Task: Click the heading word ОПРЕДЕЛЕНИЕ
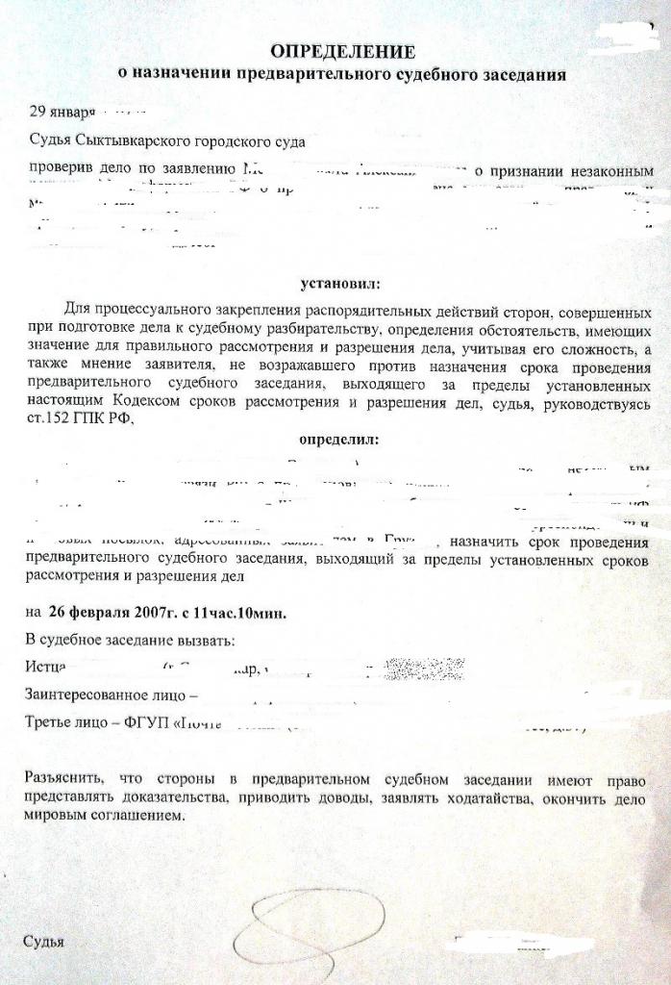click(342, 51)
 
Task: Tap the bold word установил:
click(339, 284)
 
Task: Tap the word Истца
click(45, 666)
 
